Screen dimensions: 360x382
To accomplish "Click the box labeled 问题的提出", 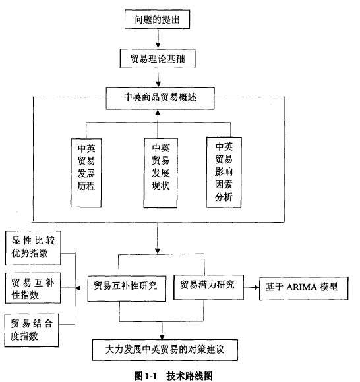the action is (x=157, y=19).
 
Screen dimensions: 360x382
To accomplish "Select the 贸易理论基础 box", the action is (x=158, y=59).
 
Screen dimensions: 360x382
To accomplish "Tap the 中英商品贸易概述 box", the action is (x=160, y=98).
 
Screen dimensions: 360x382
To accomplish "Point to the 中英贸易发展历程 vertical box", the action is (x=86, y=173).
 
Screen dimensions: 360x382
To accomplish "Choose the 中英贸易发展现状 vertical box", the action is (x=160, y=173).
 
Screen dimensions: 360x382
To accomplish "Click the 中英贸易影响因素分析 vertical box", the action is (x=224, y=173).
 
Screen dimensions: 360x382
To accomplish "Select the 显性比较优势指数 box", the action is (x=33, y=248).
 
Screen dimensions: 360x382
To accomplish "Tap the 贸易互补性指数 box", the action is (x=33, y=288).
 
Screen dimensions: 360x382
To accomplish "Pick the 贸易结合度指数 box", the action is (x=32, y=330).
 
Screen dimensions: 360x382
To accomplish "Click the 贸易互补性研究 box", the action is (x=127, y=288).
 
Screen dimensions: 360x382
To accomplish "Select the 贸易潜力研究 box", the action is (x=208, y=287).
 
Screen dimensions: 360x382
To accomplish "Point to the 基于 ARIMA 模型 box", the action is (x=304, y=288).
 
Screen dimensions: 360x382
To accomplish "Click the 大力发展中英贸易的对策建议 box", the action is (x=165, y=350).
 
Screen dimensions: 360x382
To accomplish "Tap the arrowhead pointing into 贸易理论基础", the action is (x=158, y=45).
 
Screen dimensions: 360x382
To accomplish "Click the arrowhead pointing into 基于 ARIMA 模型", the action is (x=257, y=287).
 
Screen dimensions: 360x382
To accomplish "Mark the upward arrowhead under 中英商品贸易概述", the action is (x=158, y=113).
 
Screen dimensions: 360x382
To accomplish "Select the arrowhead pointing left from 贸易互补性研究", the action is (x=78, y=288).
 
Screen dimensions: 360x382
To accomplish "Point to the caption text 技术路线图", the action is (x=189, y=376).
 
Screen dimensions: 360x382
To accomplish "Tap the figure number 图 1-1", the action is (x=146, y=376).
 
